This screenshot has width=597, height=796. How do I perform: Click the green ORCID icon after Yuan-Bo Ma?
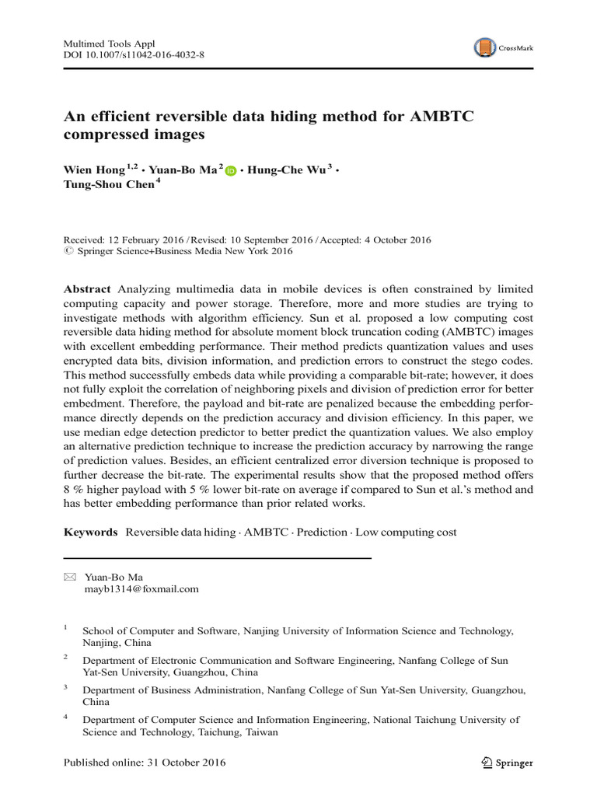pos(230,171)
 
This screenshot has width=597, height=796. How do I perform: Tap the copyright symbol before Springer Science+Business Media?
pos(67,252)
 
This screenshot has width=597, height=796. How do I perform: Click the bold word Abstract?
pos(86,288)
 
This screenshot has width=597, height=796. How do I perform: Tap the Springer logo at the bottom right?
pos(508,763)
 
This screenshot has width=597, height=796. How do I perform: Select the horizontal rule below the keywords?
pos(217,558)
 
